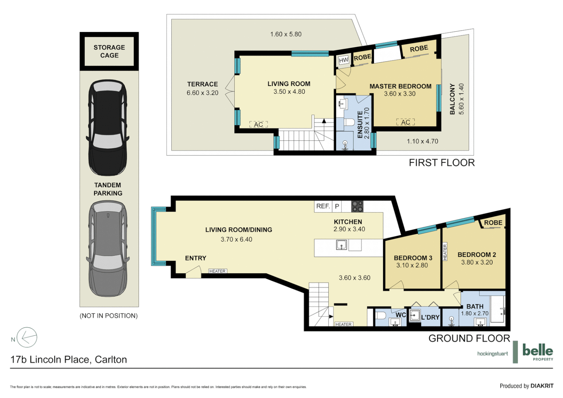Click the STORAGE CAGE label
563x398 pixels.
click(109, 51)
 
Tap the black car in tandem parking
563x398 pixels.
click(108, 128)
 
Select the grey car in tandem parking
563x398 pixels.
click(108, 249)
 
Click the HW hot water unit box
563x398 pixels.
click(343, 60)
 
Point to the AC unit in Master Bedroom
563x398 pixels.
click(405, 122)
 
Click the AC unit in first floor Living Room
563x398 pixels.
click(259, 125)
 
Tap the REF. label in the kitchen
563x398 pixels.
click(323, 206)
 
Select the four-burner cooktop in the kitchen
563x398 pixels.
click(357, 206)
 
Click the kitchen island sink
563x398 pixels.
click(342, 245)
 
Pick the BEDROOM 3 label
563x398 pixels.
click(413, 258)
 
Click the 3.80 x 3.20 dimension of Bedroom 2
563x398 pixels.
click(477, 262)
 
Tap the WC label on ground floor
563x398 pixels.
click(401, 315)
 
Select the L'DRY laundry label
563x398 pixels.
click(430, 317)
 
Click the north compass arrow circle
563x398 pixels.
click(27, 337)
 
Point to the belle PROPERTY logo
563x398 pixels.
click(538, 352)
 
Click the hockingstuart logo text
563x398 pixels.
click(492, 354)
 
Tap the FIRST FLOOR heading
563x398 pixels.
click(441, 163)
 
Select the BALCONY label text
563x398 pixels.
click(452, 99)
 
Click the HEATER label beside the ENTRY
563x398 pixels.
click(217, 271)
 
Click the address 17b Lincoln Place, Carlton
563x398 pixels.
click(69, 359)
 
